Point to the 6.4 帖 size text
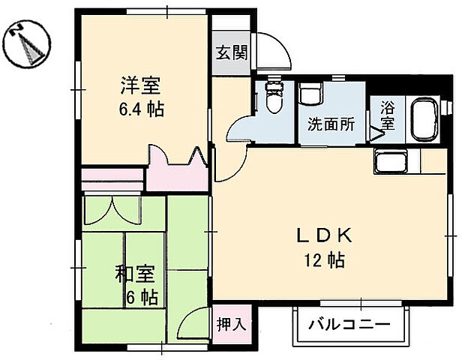(140, 109)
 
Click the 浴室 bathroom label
(387, 116)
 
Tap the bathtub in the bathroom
(425, 119)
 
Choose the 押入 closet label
(231, 324)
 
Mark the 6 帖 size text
(141, 297)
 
